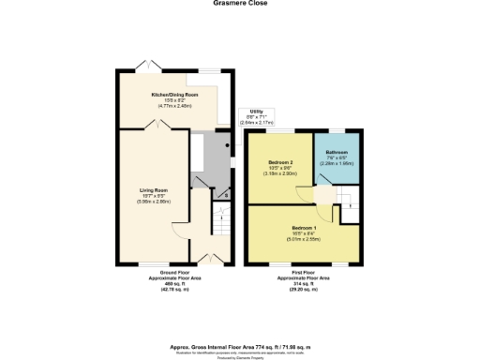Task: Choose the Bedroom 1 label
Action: coord(304,228)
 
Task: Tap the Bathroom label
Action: coord(337,152)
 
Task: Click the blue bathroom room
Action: coord(338,165)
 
